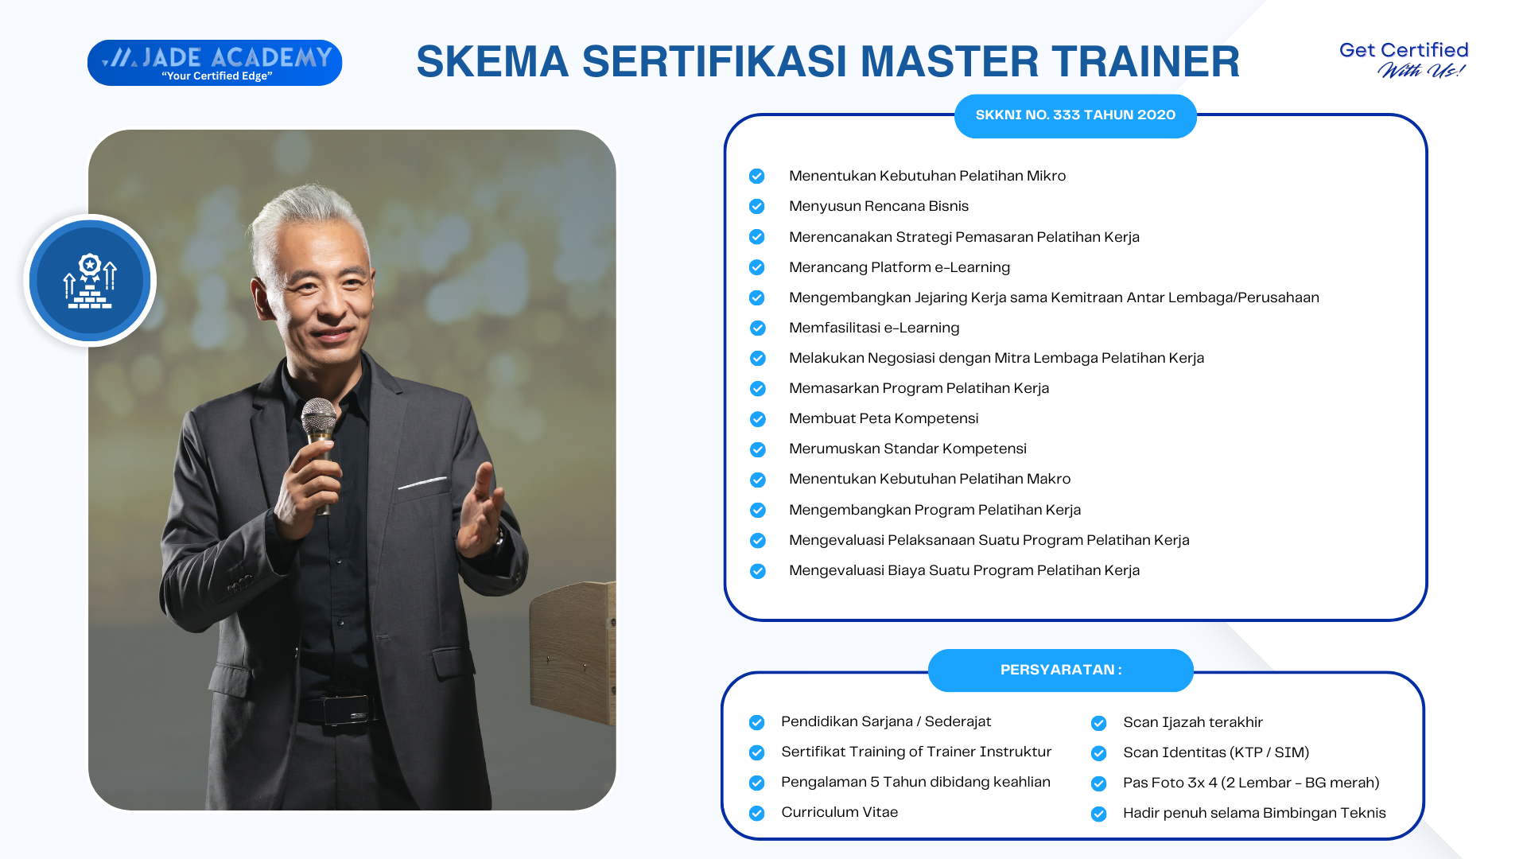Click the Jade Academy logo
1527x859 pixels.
[x=215, y=63]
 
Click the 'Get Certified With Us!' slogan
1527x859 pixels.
[x=1404, y=60]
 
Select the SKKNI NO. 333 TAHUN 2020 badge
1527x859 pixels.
[x=1075, y=115]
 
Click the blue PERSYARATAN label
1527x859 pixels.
[x=1061, y=670]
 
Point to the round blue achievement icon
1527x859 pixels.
[x=90, y=280]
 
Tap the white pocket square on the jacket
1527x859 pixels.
[x=422, y=482]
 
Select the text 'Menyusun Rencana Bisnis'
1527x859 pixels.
[x=879, y=206]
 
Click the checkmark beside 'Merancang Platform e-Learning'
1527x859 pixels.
[x=757, y=267]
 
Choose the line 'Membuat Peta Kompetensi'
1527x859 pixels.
[x=884, y=418]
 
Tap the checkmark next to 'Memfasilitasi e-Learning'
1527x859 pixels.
[x=757, y=328]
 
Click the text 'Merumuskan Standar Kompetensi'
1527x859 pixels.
[x=907, y=449]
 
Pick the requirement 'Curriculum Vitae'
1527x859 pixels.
[x=840, y=812]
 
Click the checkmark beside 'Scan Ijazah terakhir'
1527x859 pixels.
[x=1099, y=723]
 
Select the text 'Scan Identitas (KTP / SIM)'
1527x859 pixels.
[x=1216, y=752]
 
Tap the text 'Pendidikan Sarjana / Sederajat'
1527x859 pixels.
[x=886, y=721]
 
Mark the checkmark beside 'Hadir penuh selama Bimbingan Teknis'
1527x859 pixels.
[x=1099, y=814]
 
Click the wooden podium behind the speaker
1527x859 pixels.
[x=573, y=652]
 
